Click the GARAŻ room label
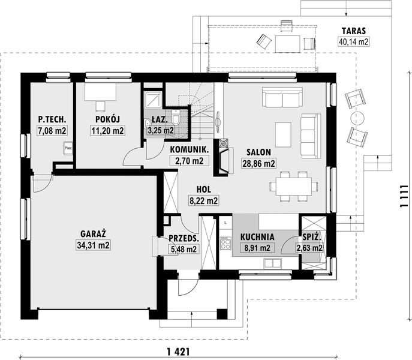(x=93, y=234)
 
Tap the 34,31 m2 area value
(x=94, y=245)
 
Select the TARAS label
(x=354, y=31)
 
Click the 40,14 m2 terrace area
(x=354, y=42)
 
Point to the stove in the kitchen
(x=225, y=243)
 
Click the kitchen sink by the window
(x=273, y=263)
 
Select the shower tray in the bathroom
(x=153, y=100)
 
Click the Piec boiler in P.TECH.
(x=68, y=148)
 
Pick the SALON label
(x=258, y=152)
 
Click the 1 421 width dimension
(x=178, y=352)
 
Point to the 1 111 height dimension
(x=404, y=196)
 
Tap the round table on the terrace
(x=357, y=118)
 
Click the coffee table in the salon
(x=283, y=135)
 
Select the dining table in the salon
(x=294, y=187)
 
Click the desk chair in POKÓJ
(x=100, y=106)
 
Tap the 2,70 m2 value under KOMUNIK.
(x=190, y=160)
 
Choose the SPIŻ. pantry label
(x=312, y=237)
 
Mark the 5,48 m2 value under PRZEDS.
(x=184, y=249)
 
